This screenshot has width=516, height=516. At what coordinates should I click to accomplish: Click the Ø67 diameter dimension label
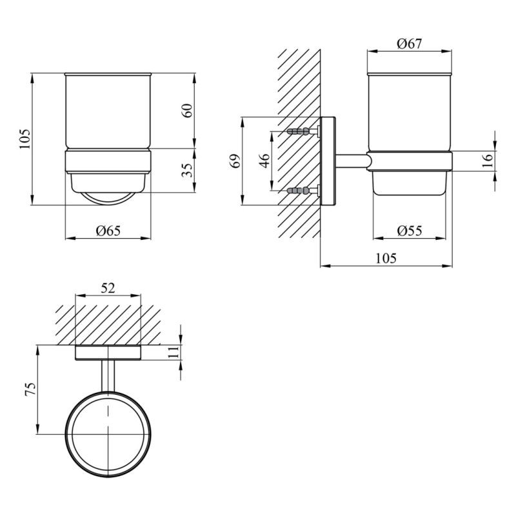click(409, 44)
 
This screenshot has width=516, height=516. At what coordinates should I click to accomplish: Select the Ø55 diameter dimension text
click(410, 231)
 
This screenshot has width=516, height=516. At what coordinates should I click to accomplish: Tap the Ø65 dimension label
click(108, 231)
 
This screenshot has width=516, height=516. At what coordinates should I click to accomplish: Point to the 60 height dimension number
click(187, 110)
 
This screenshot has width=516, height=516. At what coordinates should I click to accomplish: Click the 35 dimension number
click(187, 170)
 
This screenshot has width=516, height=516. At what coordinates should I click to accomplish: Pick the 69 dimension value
click(235, 161)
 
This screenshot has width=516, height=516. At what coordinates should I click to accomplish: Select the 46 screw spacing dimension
click(264, 161)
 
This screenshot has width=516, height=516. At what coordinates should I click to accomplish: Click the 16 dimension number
click(488, 160)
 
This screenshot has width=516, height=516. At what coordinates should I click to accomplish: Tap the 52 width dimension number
click(108, 288)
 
